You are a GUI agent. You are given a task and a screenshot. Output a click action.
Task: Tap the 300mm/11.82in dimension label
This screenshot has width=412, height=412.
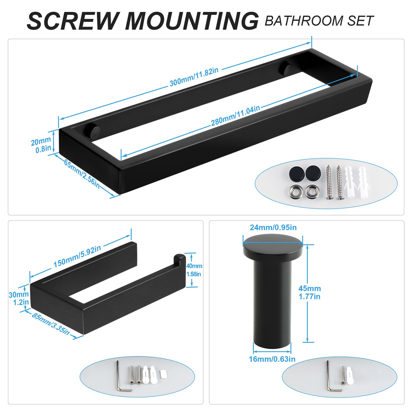(x=194, y=77)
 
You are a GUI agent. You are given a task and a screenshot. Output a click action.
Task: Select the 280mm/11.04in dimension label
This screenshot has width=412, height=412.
(x=235, y=115)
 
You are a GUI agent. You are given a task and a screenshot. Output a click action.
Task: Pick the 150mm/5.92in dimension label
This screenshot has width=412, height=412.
(x=77, y=256)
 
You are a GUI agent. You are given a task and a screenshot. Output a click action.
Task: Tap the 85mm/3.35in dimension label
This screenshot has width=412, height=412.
(x=50, y=324)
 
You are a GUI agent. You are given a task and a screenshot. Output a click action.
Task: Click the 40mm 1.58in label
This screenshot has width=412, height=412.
(x=194, y=270)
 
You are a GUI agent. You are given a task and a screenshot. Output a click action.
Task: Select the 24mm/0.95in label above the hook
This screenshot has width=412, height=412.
(x=273, y=227)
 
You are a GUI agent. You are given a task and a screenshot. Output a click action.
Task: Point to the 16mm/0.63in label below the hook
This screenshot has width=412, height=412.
(x=272, y=359)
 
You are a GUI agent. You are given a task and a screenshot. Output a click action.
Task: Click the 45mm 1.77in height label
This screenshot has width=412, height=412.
(x=310, y=292)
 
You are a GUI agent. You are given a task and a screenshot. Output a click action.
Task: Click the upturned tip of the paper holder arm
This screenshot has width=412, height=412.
(x=179, y=258)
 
